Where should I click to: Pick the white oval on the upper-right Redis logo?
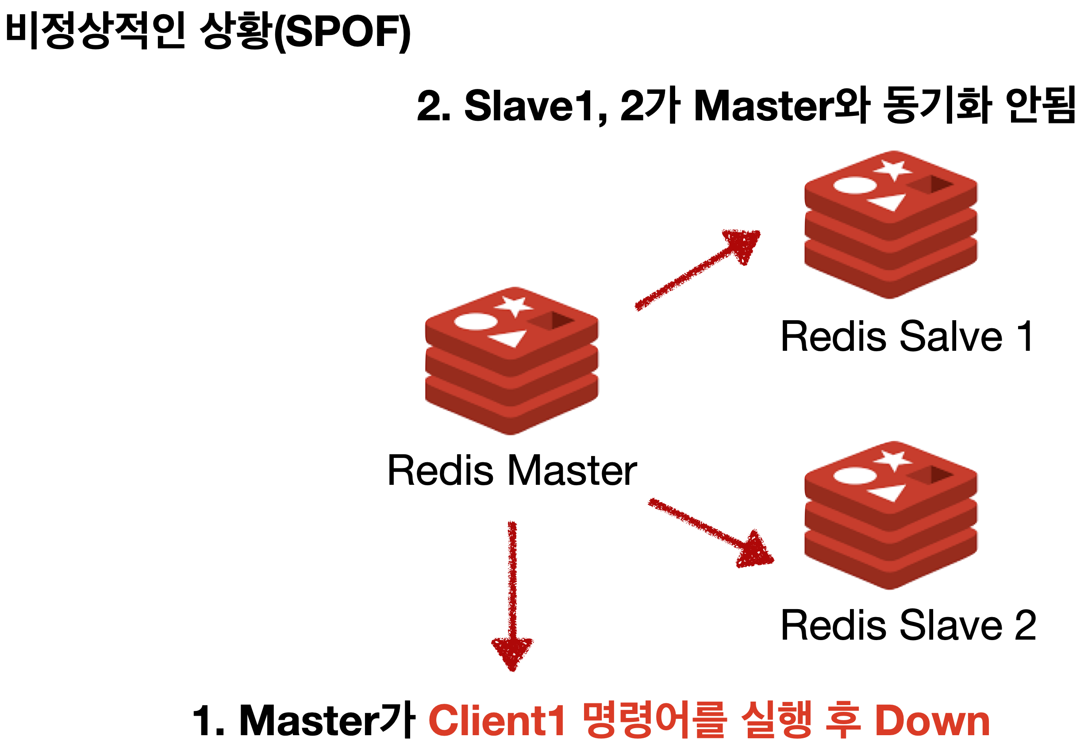click(855, 185)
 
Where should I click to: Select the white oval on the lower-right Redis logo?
click(855, 476)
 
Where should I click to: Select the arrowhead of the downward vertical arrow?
click(512, 652)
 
